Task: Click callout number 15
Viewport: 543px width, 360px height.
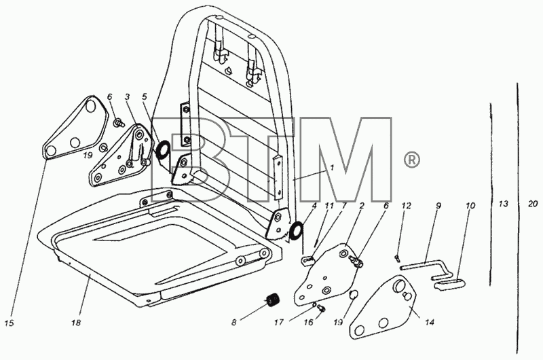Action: coord(10,323)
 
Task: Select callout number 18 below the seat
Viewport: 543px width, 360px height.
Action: coord(76,323)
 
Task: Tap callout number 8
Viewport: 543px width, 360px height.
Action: coord(233,322)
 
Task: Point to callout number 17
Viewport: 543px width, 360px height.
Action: coord(279,322)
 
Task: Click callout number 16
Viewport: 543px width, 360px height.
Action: coord(309,322)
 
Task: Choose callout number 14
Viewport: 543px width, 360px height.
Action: coord(430,322)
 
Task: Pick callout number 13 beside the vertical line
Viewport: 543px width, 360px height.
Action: coord(503,204)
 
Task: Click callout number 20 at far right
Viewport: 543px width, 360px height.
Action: coord(533,204)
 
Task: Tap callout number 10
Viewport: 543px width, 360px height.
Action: coord(470,206)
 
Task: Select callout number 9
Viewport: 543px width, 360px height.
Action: coord(438,206)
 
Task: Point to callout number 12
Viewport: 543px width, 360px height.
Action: coord(406,206)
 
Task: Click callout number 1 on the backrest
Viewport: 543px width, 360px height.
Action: coord(332,168)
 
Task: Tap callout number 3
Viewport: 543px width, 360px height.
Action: coord(127,96)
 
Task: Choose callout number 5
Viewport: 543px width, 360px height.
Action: coord(144,96)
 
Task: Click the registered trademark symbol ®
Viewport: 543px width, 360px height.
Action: coord(411,160)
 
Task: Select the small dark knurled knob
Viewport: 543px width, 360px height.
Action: coord(274,299)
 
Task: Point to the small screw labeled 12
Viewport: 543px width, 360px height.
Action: coord(397,257)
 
